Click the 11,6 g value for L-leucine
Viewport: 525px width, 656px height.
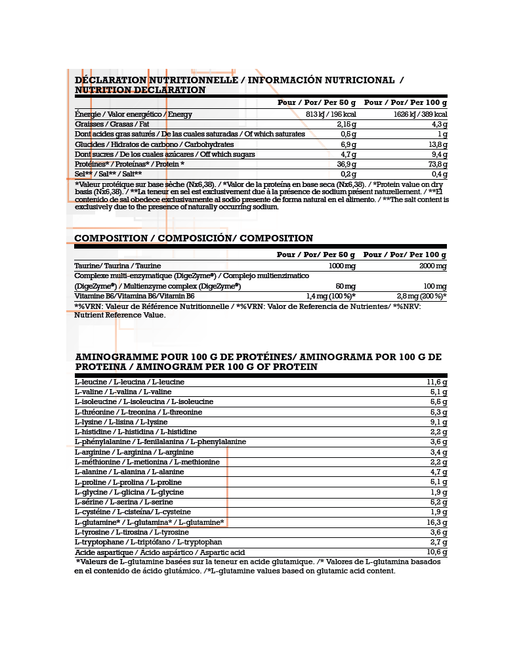point(436,382)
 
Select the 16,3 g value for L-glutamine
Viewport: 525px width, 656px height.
point(436,522)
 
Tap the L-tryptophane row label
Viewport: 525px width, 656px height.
point(148,542)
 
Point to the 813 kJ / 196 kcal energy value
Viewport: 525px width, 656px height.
point(331,114)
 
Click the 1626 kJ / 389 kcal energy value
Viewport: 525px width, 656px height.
point(420,114)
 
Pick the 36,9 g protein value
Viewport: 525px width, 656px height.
point(345,164)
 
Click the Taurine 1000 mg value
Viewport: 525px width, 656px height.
point(341,266)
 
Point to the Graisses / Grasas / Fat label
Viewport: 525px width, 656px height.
point(112,124)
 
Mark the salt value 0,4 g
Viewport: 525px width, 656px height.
point(439,174)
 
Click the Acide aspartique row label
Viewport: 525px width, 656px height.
point(159,552)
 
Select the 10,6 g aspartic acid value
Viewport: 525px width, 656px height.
point(436,552)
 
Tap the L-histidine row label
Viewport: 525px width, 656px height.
point(136,432)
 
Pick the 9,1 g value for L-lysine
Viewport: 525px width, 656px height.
point(438,422)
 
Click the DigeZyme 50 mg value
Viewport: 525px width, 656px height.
point(345,286)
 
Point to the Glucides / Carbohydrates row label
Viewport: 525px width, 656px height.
point(154,144)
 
